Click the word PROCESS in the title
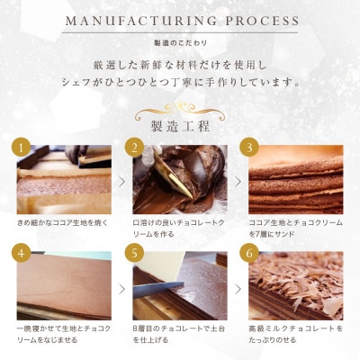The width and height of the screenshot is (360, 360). click(x=262, y=21)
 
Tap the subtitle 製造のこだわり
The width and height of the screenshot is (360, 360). click(x=180, y=41)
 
